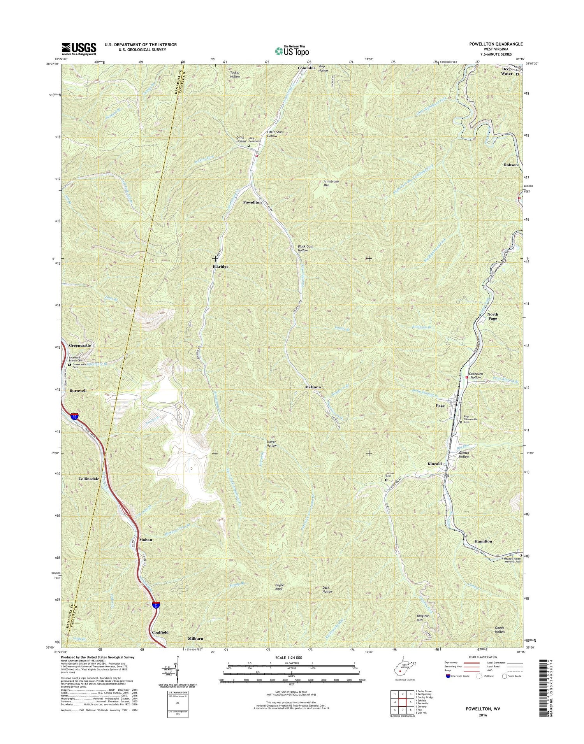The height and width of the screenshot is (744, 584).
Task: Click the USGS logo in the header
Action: (x=79, y=48)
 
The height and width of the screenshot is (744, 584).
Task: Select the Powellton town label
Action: (x=252, y=203)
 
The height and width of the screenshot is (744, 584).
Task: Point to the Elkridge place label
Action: (x=220, y=267)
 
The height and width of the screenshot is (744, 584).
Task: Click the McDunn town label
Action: (x=313, y=388)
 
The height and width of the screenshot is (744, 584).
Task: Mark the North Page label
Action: (x=493, y=316)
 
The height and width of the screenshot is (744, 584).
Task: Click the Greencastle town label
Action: (x=80, y=346)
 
